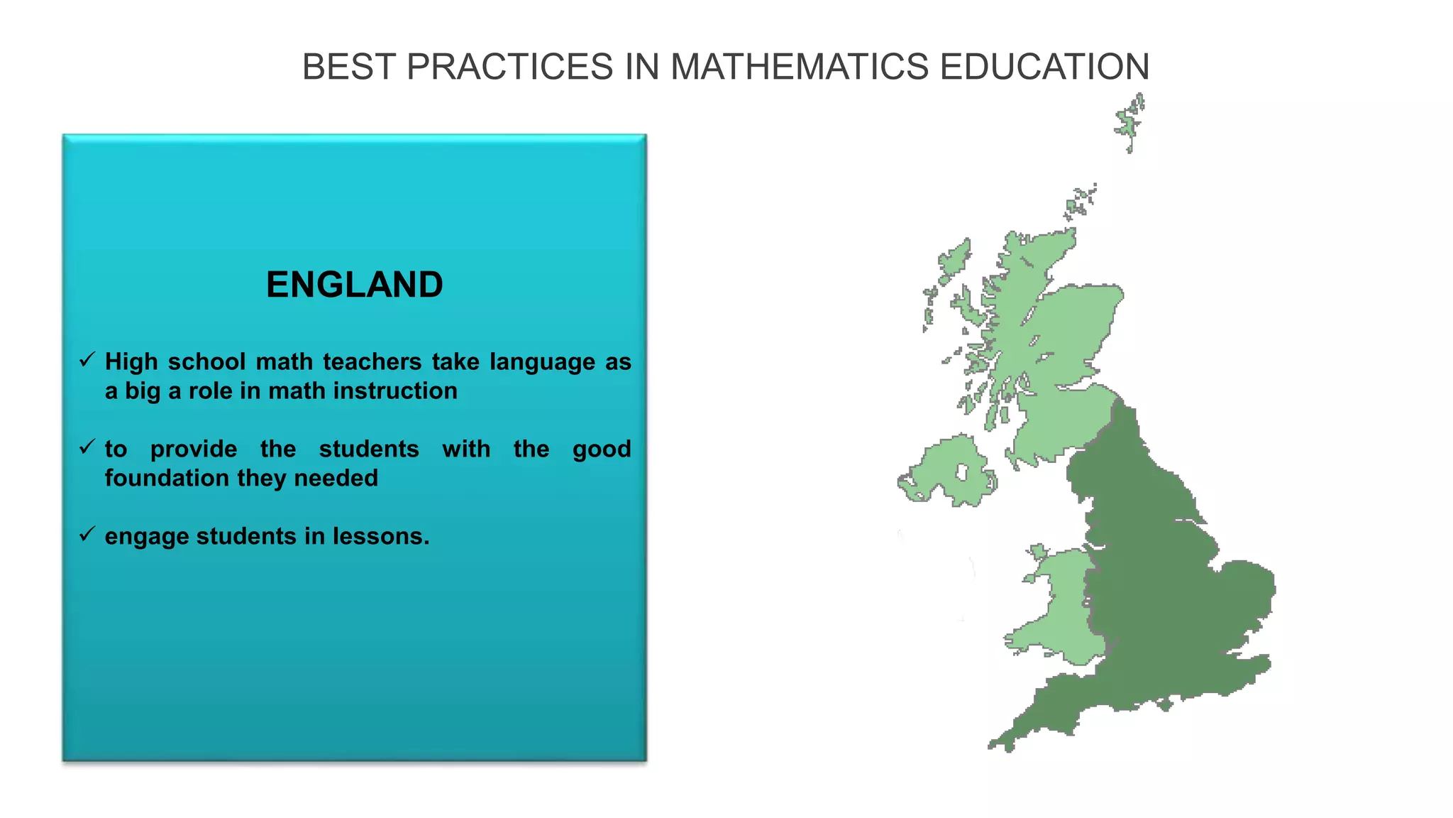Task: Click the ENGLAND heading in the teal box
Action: click(x=354, y=285)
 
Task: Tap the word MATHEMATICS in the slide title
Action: click(x=800, y=67)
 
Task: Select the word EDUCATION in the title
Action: click(x=1044, y=67)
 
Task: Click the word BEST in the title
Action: click(x=348, y=67)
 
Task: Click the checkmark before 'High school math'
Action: click(x=87, y=360)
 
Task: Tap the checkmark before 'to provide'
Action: click(x=87, y=447)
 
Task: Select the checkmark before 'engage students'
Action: click(x=87, y=534)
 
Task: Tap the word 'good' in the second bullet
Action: click(x=602, y=449)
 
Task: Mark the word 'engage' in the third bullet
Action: click(x=147, y=538)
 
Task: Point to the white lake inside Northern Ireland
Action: click(x=962, y=472)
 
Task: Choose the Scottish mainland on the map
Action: click(x=1064, y=334)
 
